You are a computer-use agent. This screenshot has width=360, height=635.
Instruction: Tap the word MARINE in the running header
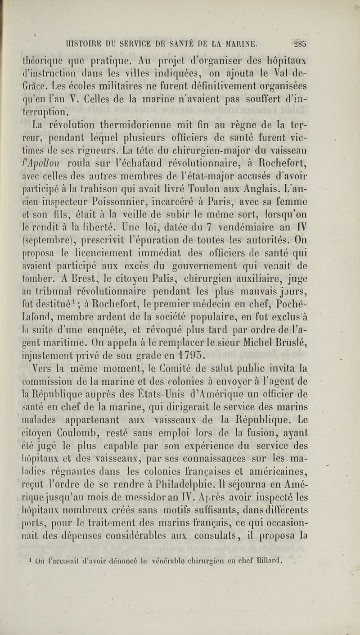click(x=237, y=44)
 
